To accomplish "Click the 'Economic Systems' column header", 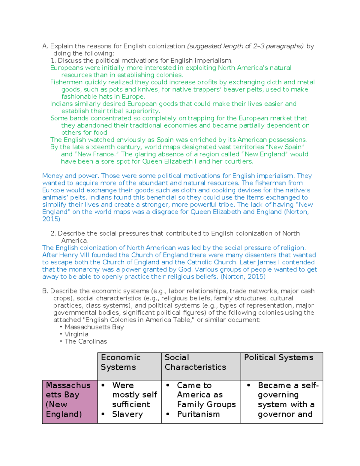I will click(x=121, y=362).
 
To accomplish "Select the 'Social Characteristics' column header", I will click(x=195, y=362).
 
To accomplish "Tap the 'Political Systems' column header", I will click(x=278, y=357).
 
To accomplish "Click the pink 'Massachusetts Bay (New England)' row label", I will click(x=68, y=399).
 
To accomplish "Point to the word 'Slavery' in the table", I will click(x=127, y=414).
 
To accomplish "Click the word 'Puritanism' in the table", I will click(x=198, y=414).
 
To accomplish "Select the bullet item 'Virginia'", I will click(x=76, y=334).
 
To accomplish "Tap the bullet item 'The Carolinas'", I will click(x=85, y=341).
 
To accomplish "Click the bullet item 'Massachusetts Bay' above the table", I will click(x=94, y=327).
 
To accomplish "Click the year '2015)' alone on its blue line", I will click(x=51, y=219).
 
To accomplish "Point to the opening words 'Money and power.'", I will click(x=71, y=176).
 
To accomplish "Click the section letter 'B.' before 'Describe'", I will click(x=45, y=291).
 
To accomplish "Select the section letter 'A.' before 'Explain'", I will click(x=45, y=46).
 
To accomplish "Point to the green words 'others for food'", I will click(x=84, y=133).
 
